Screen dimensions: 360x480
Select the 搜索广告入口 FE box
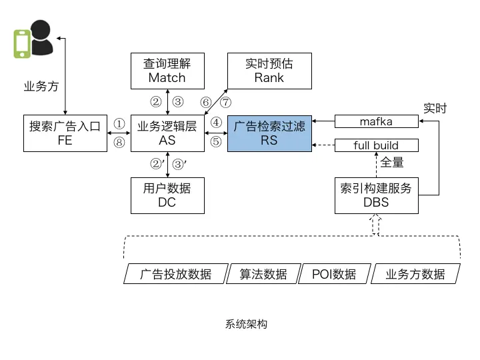[x=65, y=133]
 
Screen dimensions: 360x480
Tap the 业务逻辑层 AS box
[x=167, y=133]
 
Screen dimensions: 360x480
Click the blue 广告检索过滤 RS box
[x=269, y=133]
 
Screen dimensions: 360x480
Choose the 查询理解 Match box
[x=167, y=71]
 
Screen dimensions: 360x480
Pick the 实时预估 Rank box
[x=269, y=71]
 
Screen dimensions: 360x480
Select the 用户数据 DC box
[x=167, y=195]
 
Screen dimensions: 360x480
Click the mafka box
[x=376, y=121]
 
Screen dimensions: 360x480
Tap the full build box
[x=376, y=145]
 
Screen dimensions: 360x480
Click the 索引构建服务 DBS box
[x=376, y=195]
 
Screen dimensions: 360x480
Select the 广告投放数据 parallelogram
[x=175, y=274]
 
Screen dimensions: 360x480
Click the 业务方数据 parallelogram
[x=415, y=274]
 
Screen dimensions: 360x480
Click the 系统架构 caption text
[x=246, y=325]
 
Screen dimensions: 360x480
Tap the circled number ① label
[x=119, y=124]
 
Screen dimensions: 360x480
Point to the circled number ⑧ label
[x=119, y=141]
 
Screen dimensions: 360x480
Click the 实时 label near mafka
[x=435, y=108]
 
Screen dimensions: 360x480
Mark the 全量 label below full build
[x=392, y=162]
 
